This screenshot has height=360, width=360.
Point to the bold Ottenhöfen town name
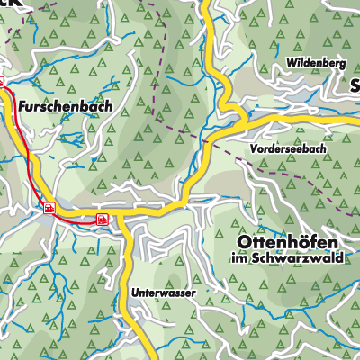(292, 243)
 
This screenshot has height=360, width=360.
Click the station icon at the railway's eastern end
(103, 217)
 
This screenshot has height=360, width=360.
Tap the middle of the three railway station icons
(49, 208)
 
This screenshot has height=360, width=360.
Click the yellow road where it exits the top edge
(204, 3)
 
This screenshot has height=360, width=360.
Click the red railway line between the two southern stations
(76, 214)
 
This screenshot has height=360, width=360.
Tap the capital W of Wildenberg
(291, 63)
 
